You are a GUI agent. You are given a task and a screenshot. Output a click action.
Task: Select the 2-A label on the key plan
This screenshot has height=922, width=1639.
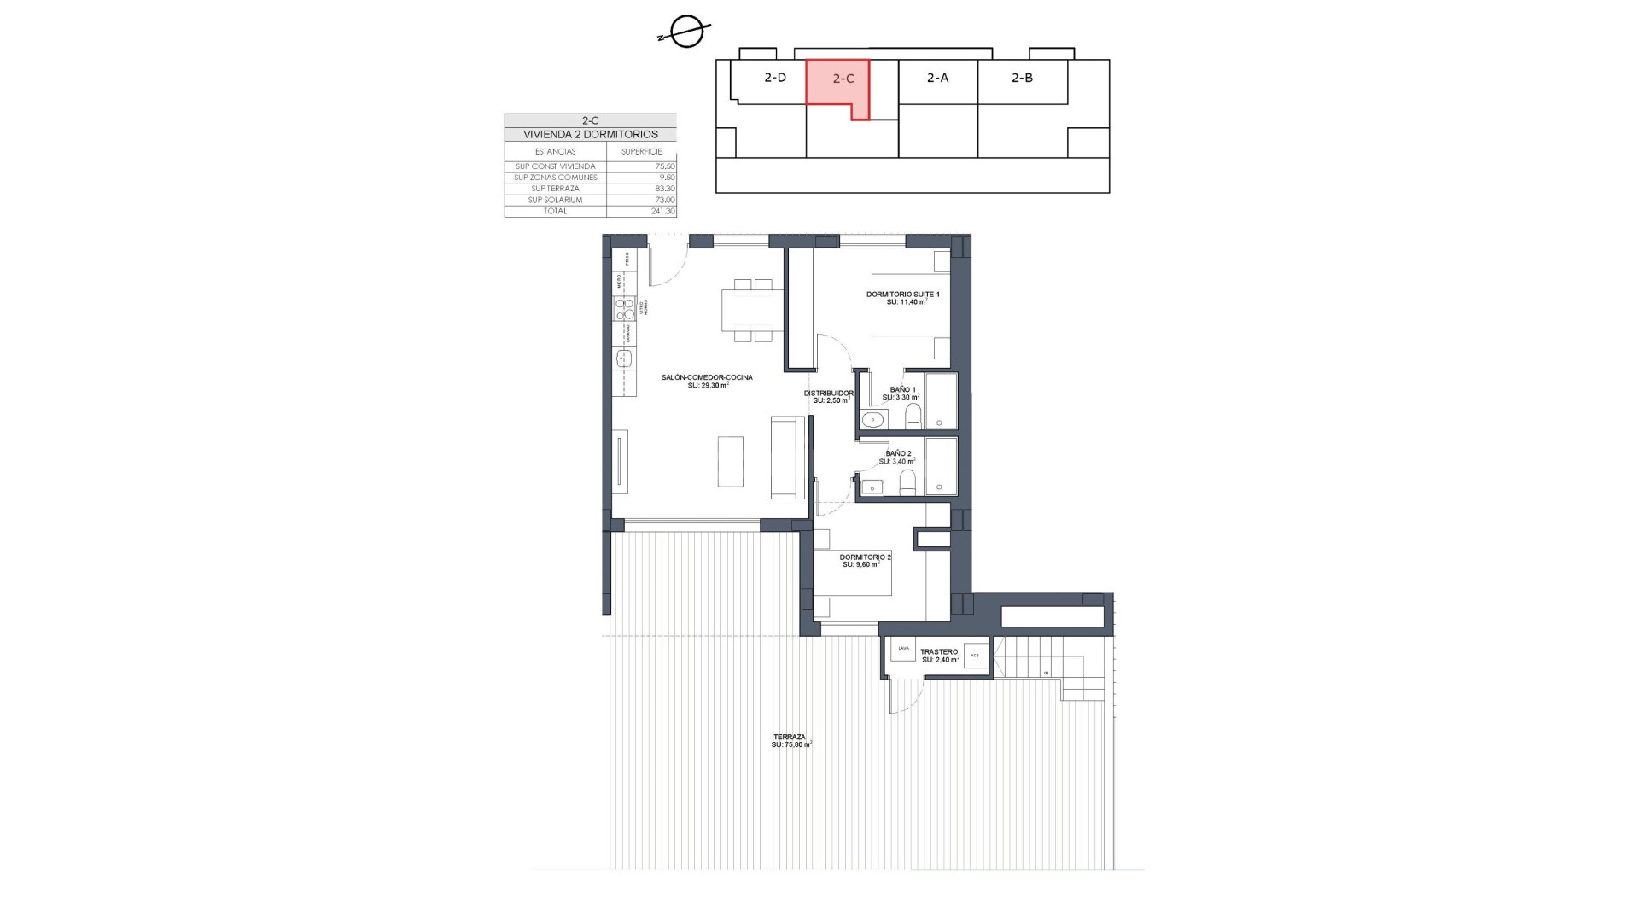[x=937, y=78]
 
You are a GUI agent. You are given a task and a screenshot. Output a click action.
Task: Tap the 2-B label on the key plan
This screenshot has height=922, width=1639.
[x=1022, y=78]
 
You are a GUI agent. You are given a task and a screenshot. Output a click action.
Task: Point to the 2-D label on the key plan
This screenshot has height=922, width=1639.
[x=774, y=78]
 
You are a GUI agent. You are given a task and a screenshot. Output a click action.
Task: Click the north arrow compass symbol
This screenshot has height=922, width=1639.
[x=686, y=32]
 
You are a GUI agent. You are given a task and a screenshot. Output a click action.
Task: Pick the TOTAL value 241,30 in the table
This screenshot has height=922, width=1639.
[x=662, y=211]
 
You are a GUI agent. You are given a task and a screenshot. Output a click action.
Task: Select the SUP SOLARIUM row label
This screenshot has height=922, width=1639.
[x=555, y=200]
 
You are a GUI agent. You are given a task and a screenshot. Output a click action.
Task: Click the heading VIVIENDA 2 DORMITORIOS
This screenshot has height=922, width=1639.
[x=591, y=134]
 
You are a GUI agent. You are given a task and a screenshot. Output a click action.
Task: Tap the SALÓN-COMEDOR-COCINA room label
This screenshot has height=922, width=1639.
[x=707, y=377]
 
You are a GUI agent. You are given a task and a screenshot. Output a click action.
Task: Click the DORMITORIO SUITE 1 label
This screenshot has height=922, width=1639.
[x=902, y=295]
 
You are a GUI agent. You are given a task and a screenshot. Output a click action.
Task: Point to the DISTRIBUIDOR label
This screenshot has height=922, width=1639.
[x=828, y=394]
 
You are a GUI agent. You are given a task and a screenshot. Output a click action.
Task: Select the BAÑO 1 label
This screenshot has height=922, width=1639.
[x=902, y=390]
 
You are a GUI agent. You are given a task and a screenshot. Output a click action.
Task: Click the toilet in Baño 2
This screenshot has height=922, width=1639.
[x=907, y=483]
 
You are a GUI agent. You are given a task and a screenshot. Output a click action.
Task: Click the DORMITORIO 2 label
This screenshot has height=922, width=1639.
[x=865, y=557]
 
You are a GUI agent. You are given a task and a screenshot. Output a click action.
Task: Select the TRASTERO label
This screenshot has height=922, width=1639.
[x=938, y=652]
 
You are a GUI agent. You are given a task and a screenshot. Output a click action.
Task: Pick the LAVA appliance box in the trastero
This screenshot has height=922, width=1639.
[x=902, y=649]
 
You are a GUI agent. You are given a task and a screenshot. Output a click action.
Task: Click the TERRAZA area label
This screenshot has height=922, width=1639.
[x=790, y=738]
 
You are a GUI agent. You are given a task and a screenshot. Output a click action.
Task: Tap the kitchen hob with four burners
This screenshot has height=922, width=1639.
[x=625, y=308]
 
